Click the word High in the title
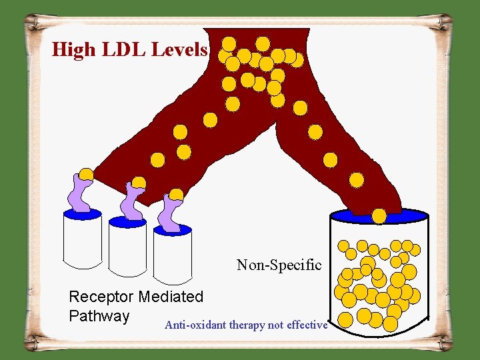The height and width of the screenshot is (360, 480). (x=73, y=49)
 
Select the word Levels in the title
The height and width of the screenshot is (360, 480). (x=180, y=49)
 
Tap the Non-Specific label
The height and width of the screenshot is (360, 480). (x=279, y=265)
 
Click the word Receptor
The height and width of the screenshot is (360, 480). (x=101, y=297)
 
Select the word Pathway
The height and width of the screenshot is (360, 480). (x=99, y=315)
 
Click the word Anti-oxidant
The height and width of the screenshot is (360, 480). (x=195, y=325)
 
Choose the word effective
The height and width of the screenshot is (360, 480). (x=307, y=325)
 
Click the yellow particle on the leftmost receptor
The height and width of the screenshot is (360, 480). (x=86, y=175)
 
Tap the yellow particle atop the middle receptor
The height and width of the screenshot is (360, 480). (x=139, y=183)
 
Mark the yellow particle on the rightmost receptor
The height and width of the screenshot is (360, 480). (x=177, y=195)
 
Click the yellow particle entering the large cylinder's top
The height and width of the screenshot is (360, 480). (x=379, y=215)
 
